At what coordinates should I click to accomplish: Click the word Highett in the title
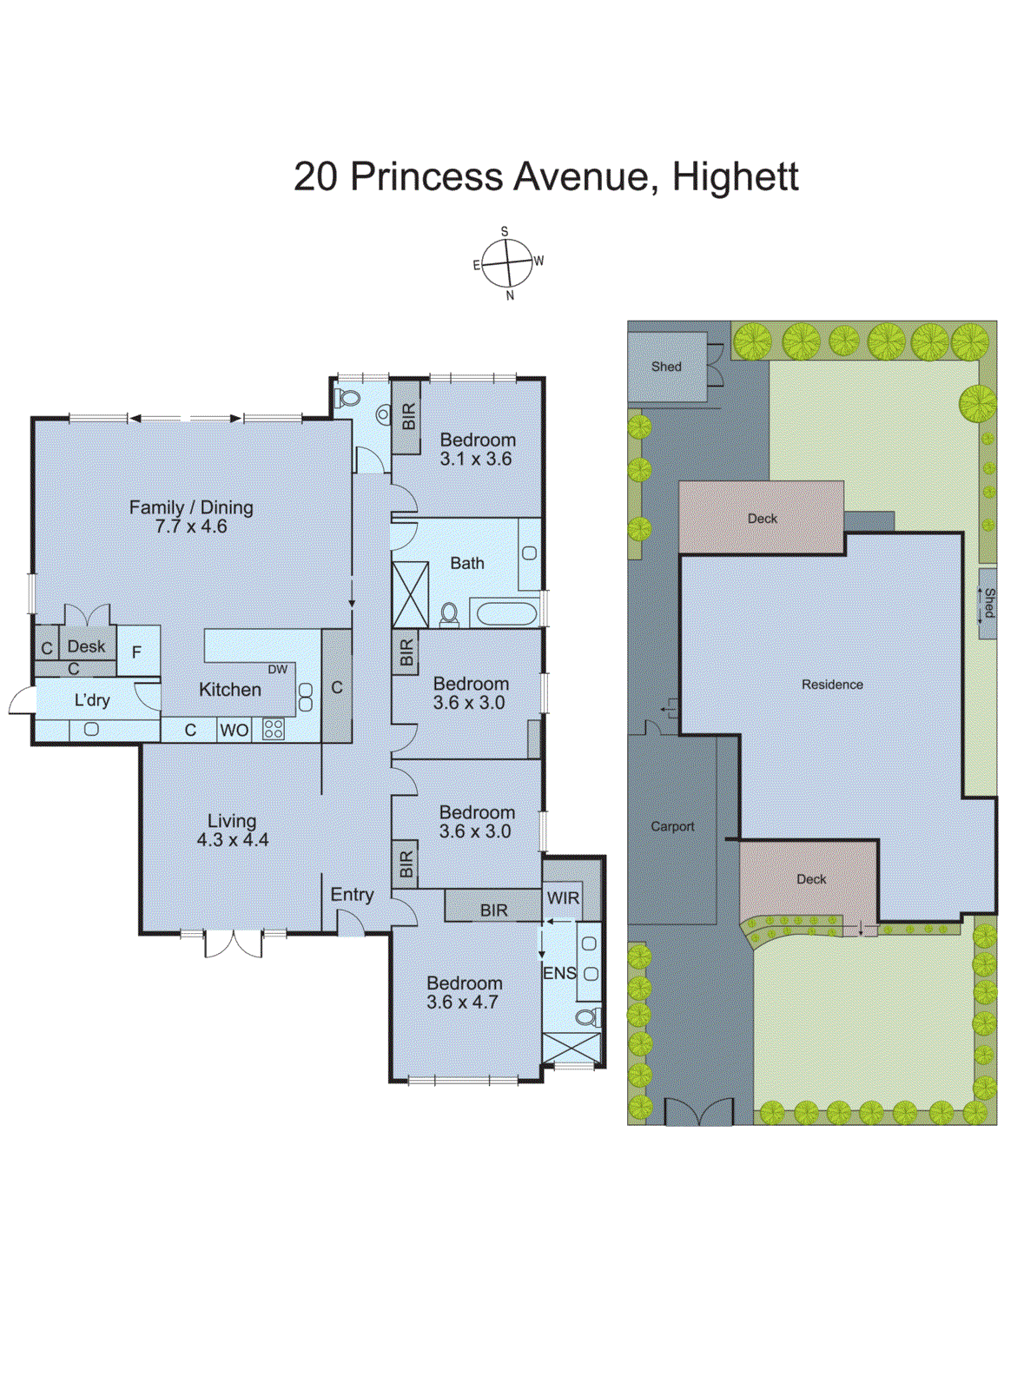click(x=735, y=177)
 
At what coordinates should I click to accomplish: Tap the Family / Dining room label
click(x=191, y=516)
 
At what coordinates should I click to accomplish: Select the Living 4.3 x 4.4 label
click(x=232, y=830)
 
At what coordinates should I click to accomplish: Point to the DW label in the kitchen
click(x=277, y=669)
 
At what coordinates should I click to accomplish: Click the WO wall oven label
click(x=234, y=730)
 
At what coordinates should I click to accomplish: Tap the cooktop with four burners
click(x=274, y=729)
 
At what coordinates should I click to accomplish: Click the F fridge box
click(x=136, y=652)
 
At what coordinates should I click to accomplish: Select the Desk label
click(x=86, y=646)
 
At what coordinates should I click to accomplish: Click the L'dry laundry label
click(x=91, y=700)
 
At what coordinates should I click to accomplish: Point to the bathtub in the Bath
click(x=507, y=614)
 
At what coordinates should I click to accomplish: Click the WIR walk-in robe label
click(x=563, y=898)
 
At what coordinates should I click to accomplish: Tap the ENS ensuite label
click(x=559, y=973)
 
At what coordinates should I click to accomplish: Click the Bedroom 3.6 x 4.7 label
click(x=464, y=992)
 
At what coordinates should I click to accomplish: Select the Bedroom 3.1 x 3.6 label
click(x=477, y=449)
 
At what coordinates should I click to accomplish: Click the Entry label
click(x=352, y=894)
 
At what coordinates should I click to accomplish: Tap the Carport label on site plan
click(x=672, y=826)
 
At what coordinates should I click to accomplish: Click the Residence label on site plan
click(x=831, y=685)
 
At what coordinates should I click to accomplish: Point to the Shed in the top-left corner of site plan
click(x=666, y=367)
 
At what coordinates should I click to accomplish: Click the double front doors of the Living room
click(x=233, y=943)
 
